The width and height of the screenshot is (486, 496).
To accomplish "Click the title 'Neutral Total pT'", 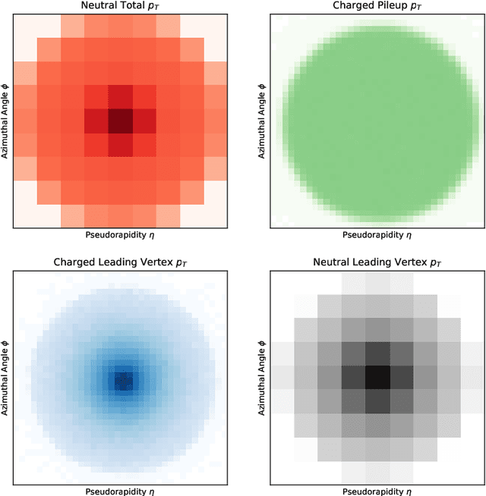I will click(119, 6).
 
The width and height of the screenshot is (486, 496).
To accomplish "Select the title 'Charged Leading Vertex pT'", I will click(119, 262).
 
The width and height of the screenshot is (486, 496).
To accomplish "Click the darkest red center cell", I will click(119, 121).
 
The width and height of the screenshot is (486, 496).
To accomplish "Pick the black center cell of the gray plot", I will click(377, 377).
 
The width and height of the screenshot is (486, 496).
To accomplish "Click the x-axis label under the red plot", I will click(119, 236).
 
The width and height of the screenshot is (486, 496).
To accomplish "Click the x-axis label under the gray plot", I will click(377, 491).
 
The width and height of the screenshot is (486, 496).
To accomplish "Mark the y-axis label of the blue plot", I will click(6, 377).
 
